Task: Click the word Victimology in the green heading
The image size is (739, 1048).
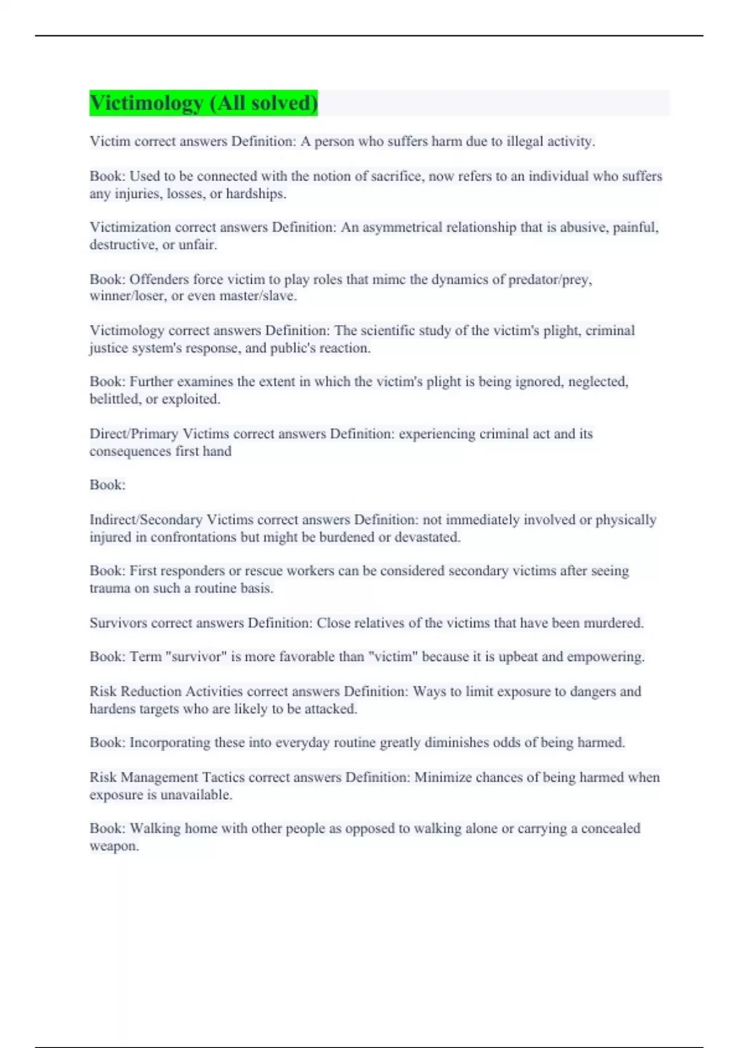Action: (146, 103)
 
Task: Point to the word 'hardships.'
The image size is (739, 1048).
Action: (256, 194)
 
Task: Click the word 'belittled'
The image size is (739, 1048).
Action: (116, 399)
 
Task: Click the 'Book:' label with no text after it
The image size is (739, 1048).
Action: (108, 485)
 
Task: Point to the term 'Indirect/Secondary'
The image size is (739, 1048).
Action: (146, 520)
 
